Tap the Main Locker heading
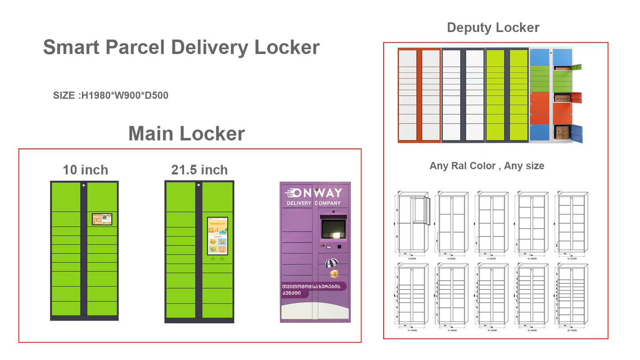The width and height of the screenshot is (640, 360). tap(186, 134)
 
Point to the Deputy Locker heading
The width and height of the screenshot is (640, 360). tap(493, 27)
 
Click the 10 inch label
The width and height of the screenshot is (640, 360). tap(85, 170)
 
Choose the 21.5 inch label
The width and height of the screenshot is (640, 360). tap(199, 170)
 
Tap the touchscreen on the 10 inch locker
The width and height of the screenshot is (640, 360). tap(102, 219)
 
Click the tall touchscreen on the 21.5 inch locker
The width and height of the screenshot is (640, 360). tap(217, 236)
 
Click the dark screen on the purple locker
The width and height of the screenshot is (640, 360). tap(334, 228)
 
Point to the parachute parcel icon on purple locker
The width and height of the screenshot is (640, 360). tap(332, 264)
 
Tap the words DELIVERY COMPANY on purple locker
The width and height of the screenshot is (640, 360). tap(314, 203)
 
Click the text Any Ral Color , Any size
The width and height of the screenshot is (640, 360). tap(487, 166)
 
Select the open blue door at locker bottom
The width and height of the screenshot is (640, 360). tap(577, 133)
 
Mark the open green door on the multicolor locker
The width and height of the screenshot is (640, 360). tap(576, 67)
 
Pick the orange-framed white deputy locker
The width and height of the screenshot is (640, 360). tap(419, 95)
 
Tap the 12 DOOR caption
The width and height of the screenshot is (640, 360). tap(573, 259)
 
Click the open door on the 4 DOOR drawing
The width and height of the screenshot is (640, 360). tap(421, 210)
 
